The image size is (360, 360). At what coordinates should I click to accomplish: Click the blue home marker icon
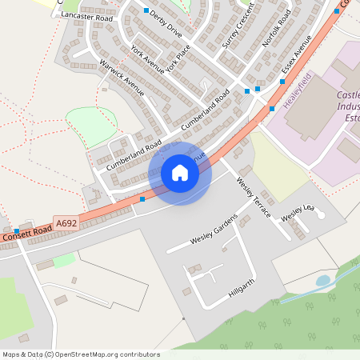[180, 173]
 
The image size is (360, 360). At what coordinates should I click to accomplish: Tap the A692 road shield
[66, 222]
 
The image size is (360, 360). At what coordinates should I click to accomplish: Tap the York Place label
[178, 58]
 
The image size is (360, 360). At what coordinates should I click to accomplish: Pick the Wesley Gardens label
[214, 230]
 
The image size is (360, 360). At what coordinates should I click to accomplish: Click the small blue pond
[323, 281]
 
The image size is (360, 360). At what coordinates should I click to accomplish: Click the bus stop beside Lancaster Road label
[146, 10]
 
